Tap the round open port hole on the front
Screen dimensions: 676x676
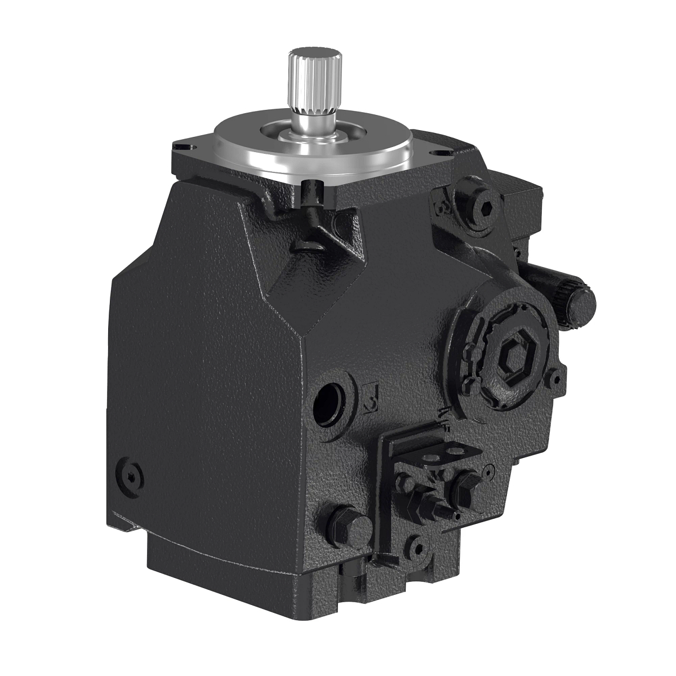coord(331,401)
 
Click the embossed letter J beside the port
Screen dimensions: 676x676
coord(371,399)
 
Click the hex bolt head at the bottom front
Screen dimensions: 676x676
coord(346,526)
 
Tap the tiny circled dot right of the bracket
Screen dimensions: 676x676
coord(488,469)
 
